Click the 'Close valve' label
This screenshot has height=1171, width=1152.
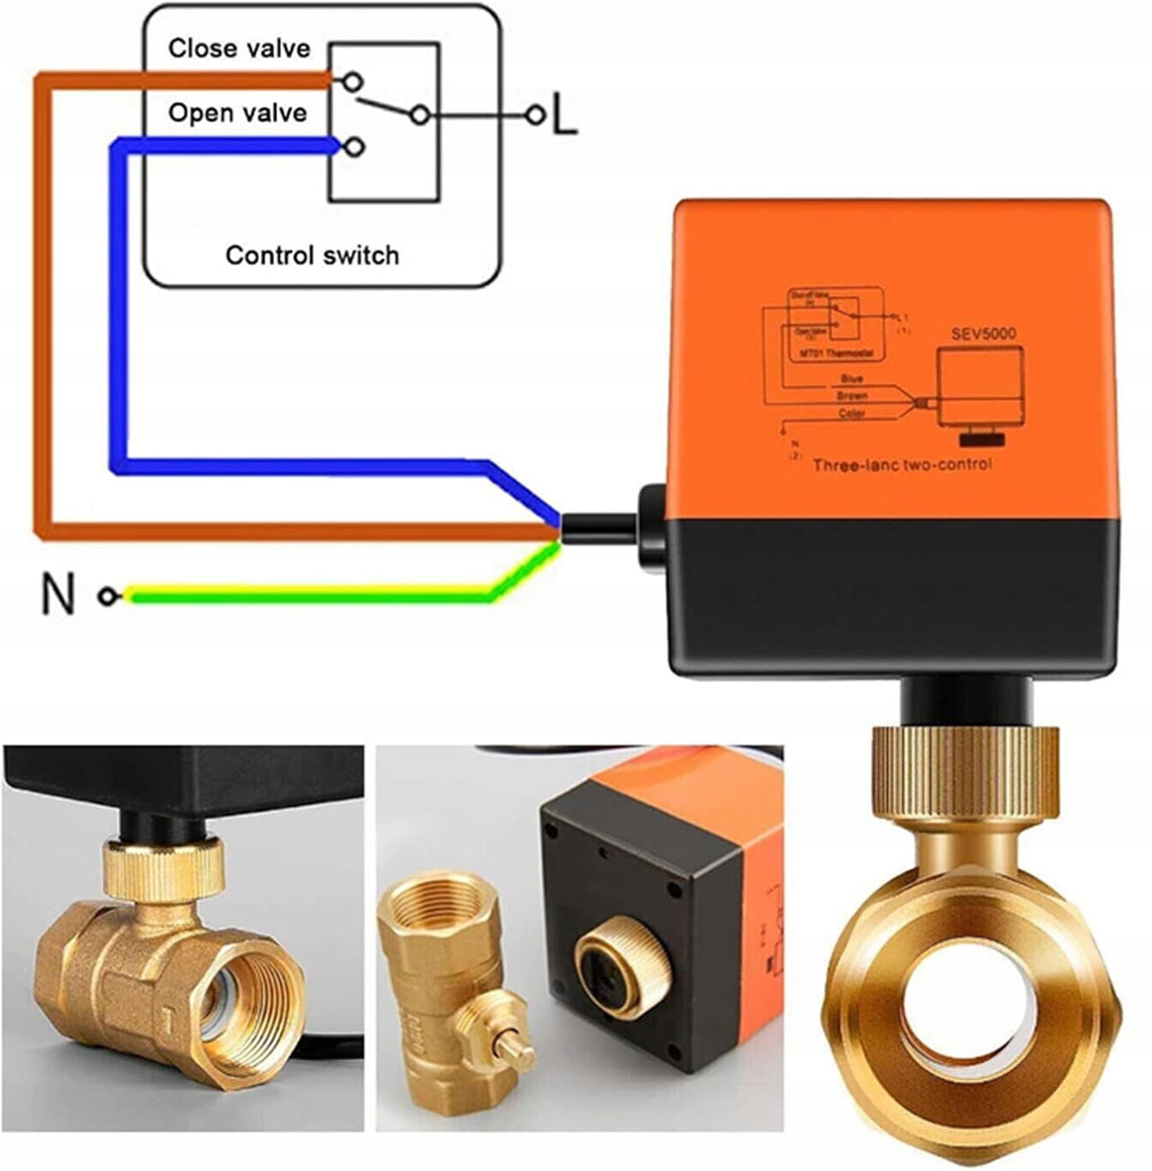tap(239, 48)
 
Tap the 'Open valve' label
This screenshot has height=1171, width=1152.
tap(237, 113)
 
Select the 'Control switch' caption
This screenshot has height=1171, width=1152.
tap(312, 255)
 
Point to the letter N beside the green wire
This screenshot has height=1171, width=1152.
tap(57, 595)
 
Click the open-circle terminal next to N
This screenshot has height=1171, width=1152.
tap(107, 596)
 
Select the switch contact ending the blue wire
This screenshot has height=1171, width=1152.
tap(355, 146)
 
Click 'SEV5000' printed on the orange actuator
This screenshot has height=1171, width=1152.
tap(983, 334)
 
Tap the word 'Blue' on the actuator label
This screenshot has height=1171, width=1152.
tap(852, 379)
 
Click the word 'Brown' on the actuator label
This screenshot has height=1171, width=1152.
tap(852, 396)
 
